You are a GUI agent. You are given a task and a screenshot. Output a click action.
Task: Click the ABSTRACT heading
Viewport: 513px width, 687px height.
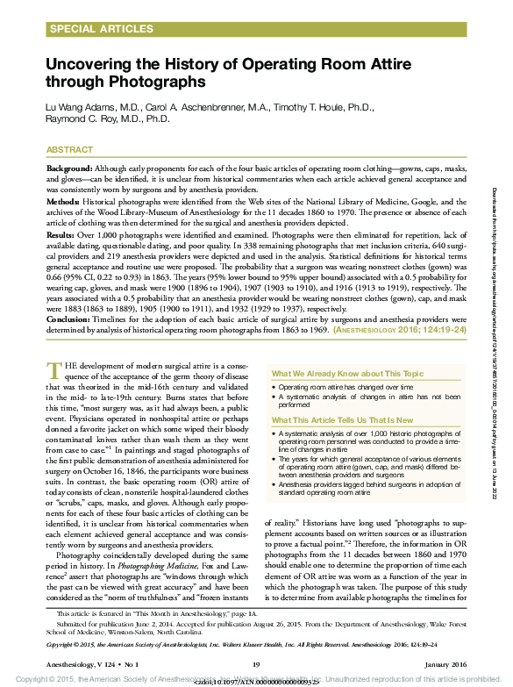(69, 150)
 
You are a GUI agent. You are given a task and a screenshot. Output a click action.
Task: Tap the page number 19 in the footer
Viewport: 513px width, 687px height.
(256, 664)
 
